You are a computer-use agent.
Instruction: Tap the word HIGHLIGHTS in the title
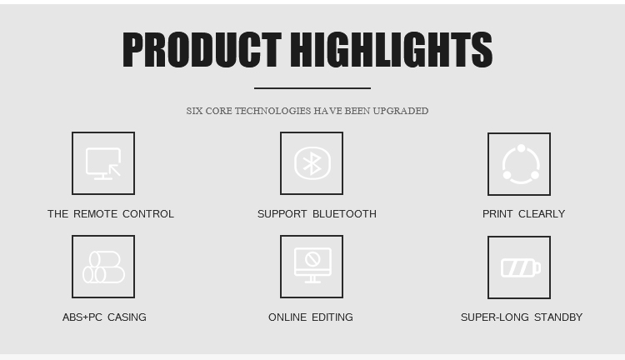pyautogui.click(x=392, y=49)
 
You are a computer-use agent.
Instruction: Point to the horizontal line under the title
pyautogui.click(x=312, y=88)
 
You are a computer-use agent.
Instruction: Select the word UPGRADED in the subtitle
pyautogui.click(x=401, y=111)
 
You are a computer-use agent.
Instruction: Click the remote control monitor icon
pyautogui.click(x=103, y=163)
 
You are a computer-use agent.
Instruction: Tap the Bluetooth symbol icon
pyautogui.click(x=312, y=163)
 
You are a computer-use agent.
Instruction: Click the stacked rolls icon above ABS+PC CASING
pyautogui.click(x=103, y=267)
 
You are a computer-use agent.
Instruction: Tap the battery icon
pyautogui.click(x=521, y=267)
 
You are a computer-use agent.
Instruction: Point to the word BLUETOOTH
pyautogui.click(x=344, y=214)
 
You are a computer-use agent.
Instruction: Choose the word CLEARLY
pyautogui.click(x=542, y=214)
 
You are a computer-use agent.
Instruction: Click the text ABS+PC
pyautogui.click(x=82, y=317)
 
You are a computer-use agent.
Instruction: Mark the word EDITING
pyautogui.click(x=332, y=317)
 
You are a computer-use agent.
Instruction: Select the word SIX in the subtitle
pyautogui.click(x=194, y=111)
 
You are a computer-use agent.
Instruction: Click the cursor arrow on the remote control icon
pyautogui.click(x=115, y=170)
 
